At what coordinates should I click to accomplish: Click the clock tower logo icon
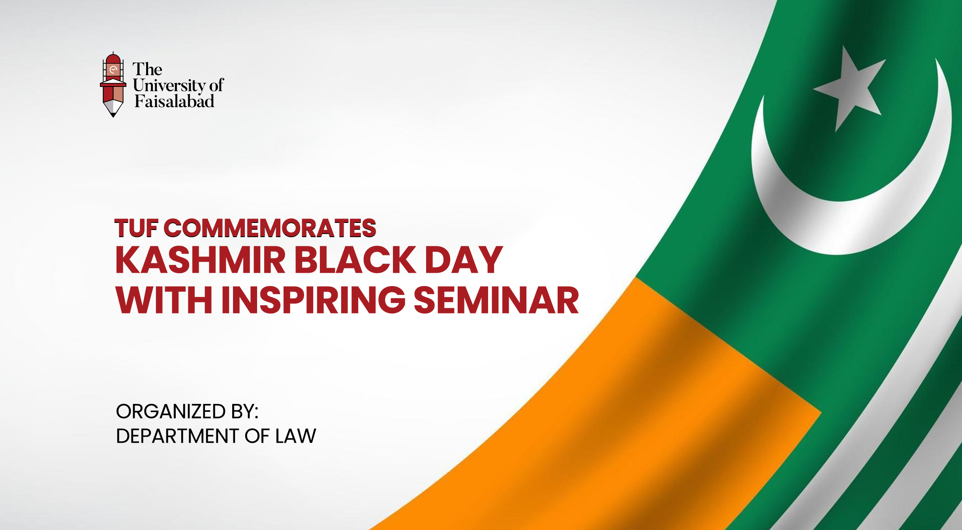click(113, 85)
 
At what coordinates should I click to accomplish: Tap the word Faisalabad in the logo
click(174, 102)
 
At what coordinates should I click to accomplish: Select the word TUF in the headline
click(136, 228)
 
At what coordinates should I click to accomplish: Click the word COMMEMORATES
click(270, 228)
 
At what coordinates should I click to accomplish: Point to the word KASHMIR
click(200, 260)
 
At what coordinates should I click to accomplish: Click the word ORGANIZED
click(171, 411)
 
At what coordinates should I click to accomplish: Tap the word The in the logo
click(147, 70)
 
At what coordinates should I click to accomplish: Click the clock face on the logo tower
click(113, 70)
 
